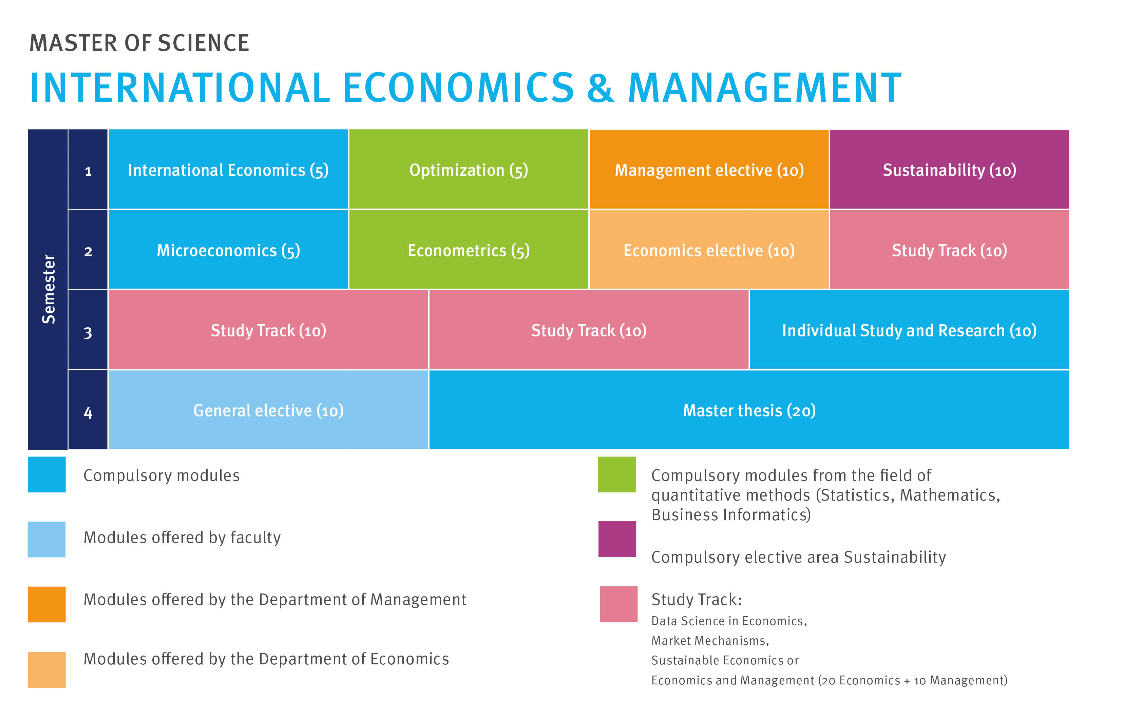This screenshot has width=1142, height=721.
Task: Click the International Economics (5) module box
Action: click(228, 169)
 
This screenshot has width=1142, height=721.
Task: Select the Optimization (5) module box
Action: click(469, 169)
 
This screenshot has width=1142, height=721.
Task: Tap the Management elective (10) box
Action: click(709, 169)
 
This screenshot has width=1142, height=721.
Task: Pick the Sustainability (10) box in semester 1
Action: click(949, 169)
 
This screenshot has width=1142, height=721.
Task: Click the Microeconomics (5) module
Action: click(228, 249)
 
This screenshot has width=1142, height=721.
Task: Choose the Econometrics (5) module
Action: click(469, 249)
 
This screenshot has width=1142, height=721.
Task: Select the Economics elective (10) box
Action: click(709, 249)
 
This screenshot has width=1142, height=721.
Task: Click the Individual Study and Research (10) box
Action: click(909, 329)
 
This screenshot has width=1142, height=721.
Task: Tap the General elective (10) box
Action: click(268, 410)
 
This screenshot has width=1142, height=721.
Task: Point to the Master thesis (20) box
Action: click(749, 410)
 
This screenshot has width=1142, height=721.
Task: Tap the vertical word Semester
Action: click(49, 289)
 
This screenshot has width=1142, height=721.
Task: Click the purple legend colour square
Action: click(617, 539)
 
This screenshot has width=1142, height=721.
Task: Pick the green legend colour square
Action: click(616, 474)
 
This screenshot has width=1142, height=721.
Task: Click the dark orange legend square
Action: click(46, 604)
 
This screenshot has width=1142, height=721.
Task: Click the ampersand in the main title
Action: click(601, 88)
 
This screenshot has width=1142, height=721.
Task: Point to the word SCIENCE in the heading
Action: click(204, 43)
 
